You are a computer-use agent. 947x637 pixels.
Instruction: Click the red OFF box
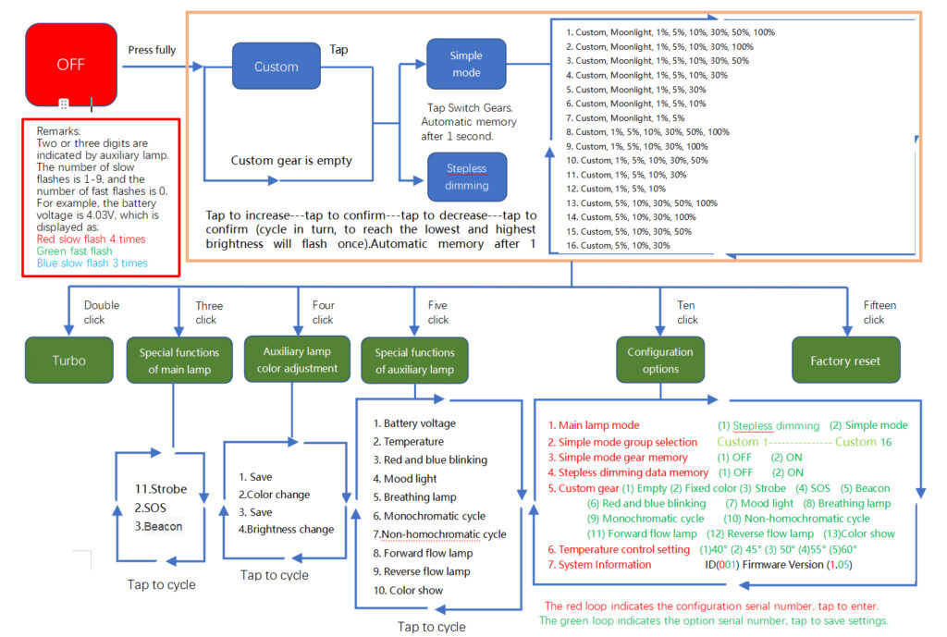(x=71, y=65)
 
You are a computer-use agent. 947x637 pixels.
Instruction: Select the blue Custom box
(x=276, y=66)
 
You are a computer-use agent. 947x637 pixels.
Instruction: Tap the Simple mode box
(x=466, y=64)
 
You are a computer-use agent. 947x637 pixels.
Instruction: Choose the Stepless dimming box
(x=467, y=177)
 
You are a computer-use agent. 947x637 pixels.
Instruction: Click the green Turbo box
(x=68, y=361)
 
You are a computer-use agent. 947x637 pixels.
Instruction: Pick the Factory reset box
(x=845, y=361)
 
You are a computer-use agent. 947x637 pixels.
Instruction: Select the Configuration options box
(x=660, y=360)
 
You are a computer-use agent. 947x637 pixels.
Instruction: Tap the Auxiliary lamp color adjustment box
(x=297, y=360)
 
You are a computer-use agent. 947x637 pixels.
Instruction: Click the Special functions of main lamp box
(x=179, y=361)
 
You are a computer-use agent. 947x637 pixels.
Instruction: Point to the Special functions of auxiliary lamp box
(x=414, y=361)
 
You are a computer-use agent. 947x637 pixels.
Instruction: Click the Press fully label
(x=152, y=50)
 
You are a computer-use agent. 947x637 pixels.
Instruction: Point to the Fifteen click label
(x=879, y=312)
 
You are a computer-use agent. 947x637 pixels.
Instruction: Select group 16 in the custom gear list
(x=618, y=246)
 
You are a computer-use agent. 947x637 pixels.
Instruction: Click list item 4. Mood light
(x=405, y=479)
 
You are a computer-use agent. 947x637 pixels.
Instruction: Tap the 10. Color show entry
(x=408, y=591)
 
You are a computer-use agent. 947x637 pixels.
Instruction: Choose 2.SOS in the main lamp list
(x=150, y=508)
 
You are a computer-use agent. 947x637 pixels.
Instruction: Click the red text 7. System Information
(x=599, y=565)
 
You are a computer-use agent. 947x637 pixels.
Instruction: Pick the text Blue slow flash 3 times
(x=92, y=263)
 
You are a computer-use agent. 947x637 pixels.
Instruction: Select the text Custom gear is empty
(x=291, y=161)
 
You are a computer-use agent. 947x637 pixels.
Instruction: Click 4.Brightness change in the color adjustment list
(x=287, y=530)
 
